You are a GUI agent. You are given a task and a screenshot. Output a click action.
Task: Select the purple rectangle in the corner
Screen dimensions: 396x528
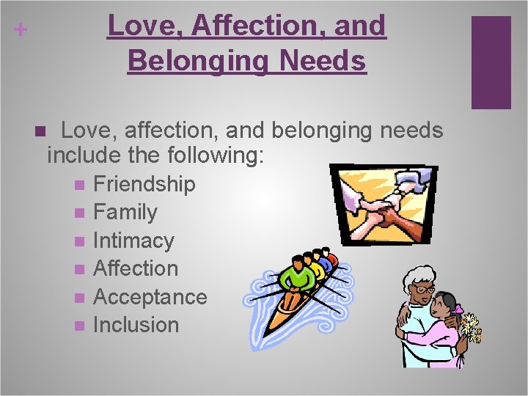pos(491,62)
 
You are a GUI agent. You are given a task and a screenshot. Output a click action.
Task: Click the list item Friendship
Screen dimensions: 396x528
pos(144,184)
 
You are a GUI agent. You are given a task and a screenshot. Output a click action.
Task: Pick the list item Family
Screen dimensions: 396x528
pos(125,213)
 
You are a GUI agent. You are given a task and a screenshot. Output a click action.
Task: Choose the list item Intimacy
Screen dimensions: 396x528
pos(133,241)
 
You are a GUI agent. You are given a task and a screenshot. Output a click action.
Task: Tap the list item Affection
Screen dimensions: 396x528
pos(136,268)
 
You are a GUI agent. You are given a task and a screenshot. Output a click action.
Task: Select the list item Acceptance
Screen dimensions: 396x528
pos(150,297)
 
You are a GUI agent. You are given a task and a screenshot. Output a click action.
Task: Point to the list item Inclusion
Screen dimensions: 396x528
pos(136,325)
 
